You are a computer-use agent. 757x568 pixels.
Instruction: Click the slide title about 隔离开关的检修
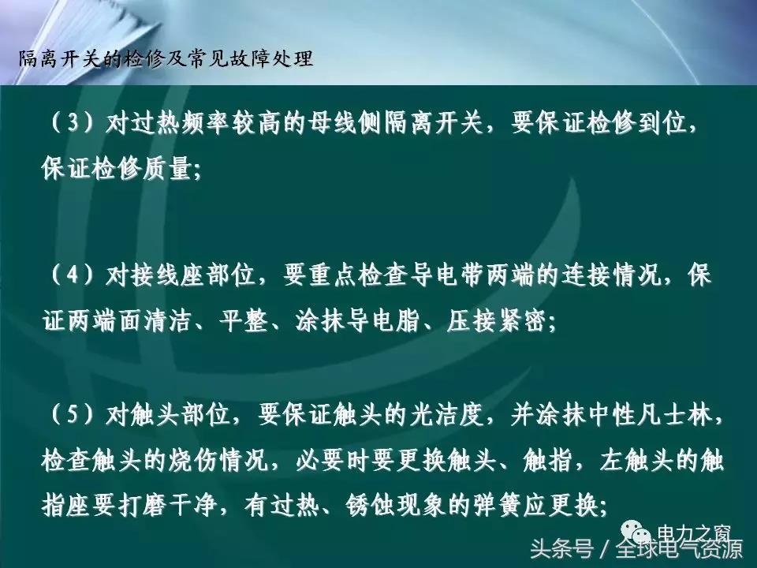(x=165, y=60)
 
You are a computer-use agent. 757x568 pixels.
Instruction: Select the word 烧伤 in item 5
(x=203, y=461)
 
